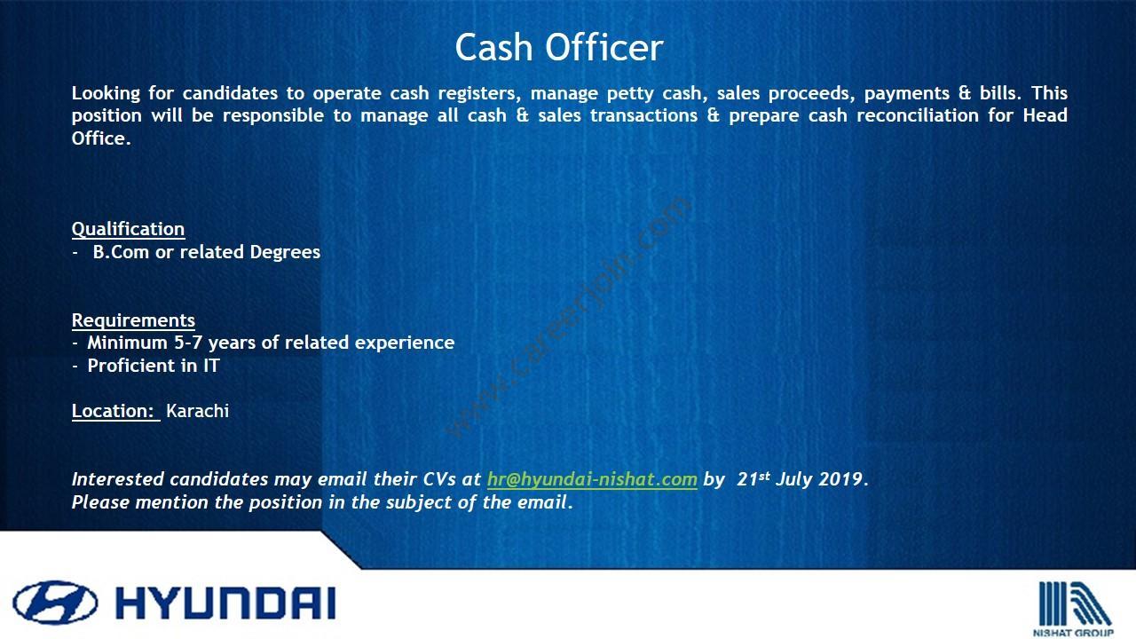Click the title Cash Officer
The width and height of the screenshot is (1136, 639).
click(559, 47)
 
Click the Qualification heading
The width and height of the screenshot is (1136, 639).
click(128, 229)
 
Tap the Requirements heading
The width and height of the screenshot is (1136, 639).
click(133, 320)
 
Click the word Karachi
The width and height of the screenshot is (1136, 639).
click(197, 411)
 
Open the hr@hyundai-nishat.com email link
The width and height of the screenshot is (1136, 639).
click(592, 479)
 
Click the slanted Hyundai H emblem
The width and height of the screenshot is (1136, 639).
click(55, 603)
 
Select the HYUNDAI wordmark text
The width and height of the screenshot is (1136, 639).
click(225, 603)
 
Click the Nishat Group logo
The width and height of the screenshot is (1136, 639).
click(1074, 608)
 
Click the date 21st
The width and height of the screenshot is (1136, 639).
click(753, 478)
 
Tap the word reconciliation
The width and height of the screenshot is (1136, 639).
click(918, 115)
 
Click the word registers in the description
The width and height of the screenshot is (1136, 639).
click(479, 94)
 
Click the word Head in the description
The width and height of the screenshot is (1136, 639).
click(1045, 115)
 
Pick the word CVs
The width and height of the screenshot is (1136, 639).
click(439, 479)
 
